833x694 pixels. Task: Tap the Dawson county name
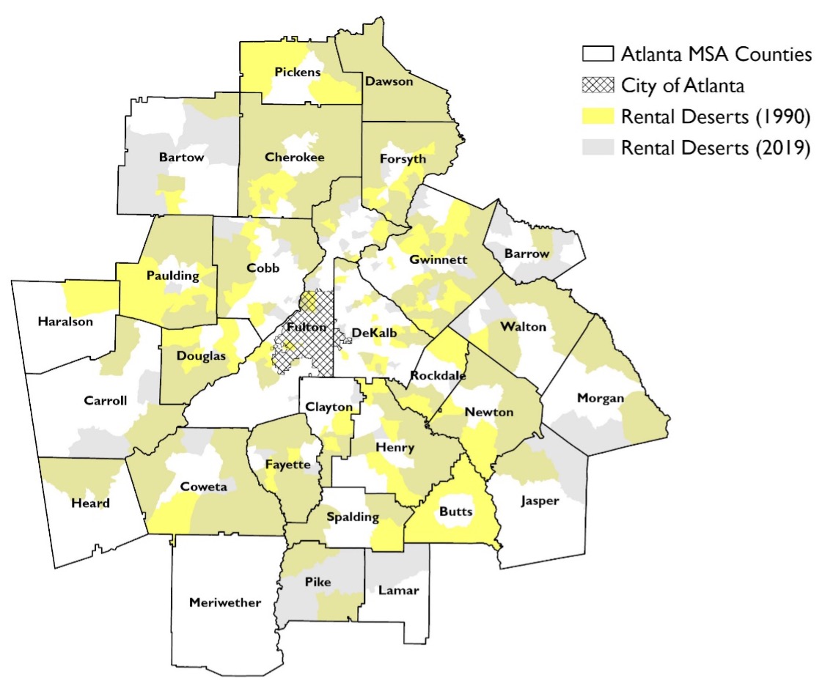pos(389,82)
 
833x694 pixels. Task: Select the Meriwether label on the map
pos(224,603)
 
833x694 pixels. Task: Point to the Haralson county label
pos(67,321)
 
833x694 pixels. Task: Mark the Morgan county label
pos(601,398)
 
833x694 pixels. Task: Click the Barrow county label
pos(526,254)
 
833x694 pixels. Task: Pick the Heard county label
pos(91,503)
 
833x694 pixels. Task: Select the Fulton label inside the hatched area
pos(302,327)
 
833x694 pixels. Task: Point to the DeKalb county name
pos(374,333)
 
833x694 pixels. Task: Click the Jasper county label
pos(540,501)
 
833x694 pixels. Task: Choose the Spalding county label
pos(353,517)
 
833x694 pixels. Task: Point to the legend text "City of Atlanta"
pos(683,86)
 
